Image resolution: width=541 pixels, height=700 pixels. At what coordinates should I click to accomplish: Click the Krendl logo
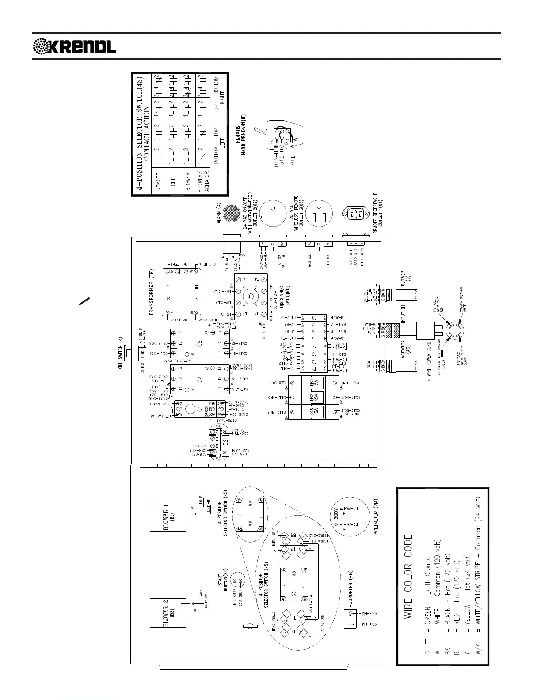75,46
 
